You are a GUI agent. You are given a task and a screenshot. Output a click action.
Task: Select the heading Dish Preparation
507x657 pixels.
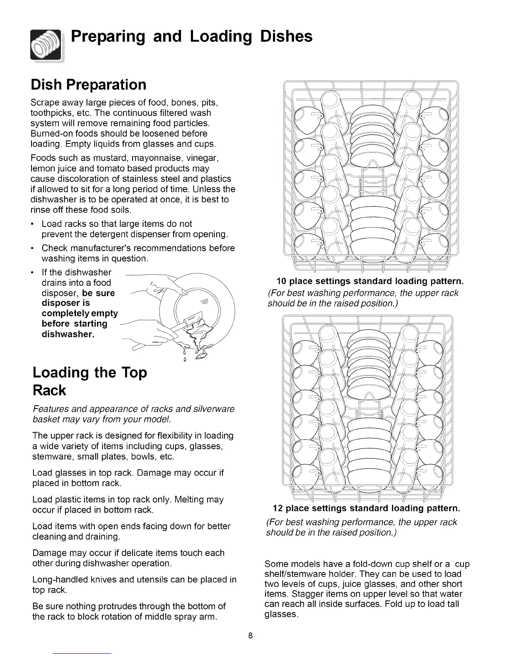(x=89, y=85)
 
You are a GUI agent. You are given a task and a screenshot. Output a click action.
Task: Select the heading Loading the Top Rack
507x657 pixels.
(x=89, y=381)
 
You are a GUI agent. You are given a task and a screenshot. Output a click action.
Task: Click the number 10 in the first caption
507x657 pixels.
(x=282, y=282)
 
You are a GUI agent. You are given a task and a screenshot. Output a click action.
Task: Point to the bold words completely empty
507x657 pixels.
(x=80, y=313)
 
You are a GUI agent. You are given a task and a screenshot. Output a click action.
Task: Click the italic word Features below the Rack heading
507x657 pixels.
(x=48, y=409)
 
